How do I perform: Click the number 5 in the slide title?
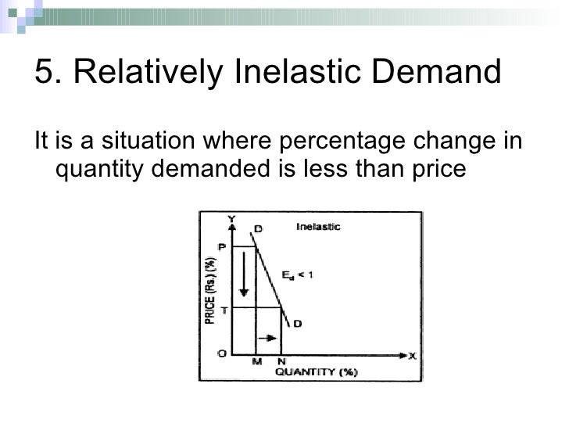pyautogui.click(x=44, y=74)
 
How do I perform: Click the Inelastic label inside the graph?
pyautogui.click(x=318, y=228)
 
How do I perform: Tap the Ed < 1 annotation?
pyautogui.click(x=297, y=275)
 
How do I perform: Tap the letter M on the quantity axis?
pyautogui.click(x=256, y=362)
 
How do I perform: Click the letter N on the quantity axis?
pyautogui.click(x=281, y=362)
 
